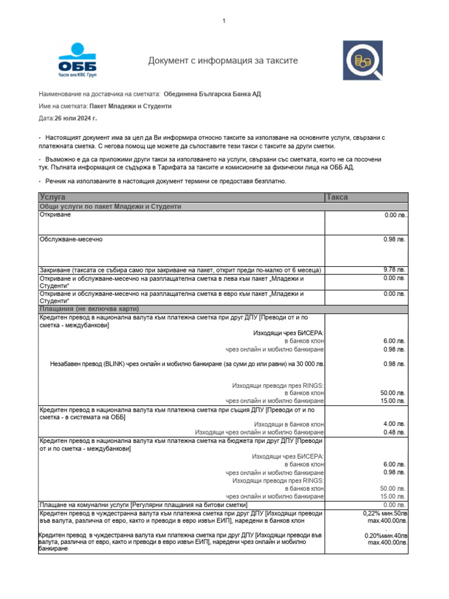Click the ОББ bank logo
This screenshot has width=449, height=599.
pyautogui.click(x=78, y=60)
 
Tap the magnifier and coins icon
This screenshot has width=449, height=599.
pyautogui.click(x=362, y=60)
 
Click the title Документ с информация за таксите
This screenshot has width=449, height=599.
pyautogui.click(x=223, y=61)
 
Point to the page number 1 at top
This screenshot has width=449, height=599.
pyautogui.click(x=223, y=22)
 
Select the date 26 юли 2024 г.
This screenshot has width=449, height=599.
pyautogui.click(x=76, y=118)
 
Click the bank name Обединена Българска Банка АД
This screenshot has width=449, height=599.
pyautogui.click(x=212, y=94)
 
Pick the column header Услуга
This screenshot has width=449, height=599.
pyautogui.click(x=53, y=197)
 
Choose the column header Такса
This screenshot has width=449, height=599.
pyautogui.click(x=337, y=197)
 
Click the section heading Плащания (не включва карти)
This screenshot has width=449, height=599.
pyautogui.click(x=89, y=308)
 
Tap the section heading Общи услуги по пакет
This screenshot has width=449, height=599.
pyautogui.click(x=110, y=206)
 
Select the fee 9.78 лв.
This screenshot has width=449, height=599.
pyautogui.click(x=393, y=270)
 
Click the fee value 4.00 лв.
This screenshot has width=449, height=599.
pyautogui.click(x=393, y=424)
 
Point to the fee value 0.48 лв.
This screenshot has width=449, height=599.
pyautogui.click(x=393, y=432)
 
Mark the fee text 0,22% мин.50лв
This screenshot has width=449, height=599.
pyautogui.click(x=385, y=512)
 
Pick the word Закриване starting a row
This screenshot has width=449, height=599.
pyautogui.click(x=54, y=270)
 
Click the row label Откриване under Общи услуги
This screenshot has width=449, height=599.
pyautogui.click(x=54, y=215)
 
